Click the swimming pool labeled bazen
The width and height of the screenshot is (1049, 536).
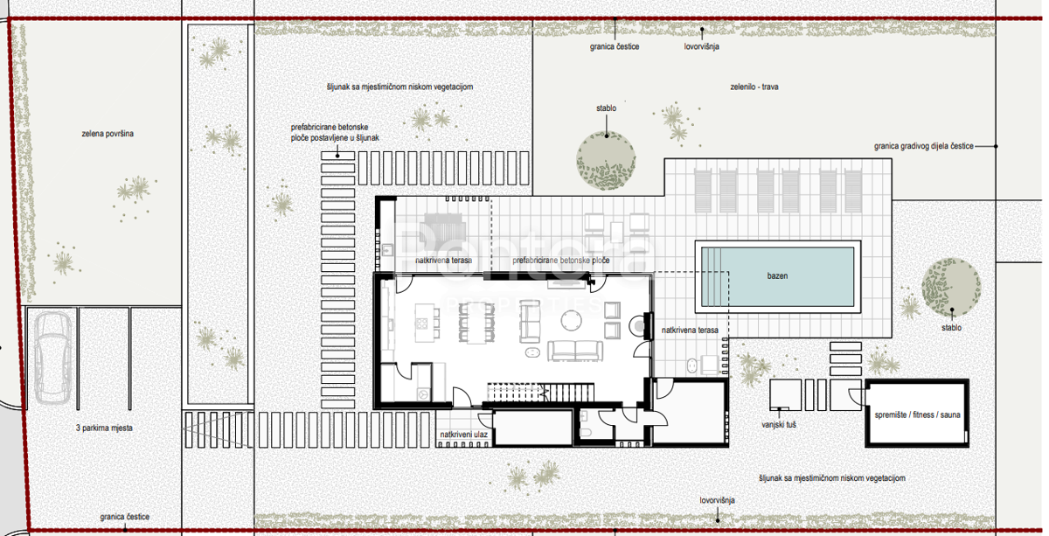778,276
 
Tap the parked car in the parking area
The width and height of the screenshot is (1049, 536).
52,358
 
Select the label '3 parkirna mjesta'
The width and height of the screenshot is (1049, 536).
104,428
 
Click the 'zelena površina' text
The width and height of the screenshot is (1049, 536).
108,134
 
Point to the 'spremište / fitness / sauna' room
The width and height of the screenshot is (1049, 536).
917,414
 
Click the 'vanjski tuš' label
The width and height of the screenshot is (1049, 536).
779,424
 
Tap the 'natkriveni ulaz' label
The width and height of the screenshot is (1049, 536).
463,435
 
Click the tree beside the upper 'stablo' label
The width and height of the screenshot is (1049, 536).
606,161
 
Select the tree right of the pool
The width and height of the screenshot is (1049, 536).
951,287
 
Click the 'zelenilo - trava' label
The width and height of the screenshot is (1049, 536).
754,87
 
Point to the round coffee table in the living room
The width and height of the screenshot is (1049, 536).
572,321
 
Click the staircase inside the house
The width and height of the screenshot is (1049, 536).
541,393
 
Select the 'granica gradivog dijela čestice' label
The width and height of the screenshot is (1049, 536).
923,146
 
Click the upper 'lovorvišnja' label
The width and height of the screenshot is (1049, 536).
701,46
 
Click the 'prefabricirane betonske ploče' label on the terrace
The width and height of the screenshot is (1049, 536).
561,260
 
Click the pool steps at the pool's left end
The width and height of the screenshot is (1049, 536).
711,276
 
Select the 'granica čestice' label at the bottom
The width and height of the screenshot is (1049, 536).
124,516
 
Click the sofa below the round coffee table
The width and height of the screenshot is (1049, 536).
575,351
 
